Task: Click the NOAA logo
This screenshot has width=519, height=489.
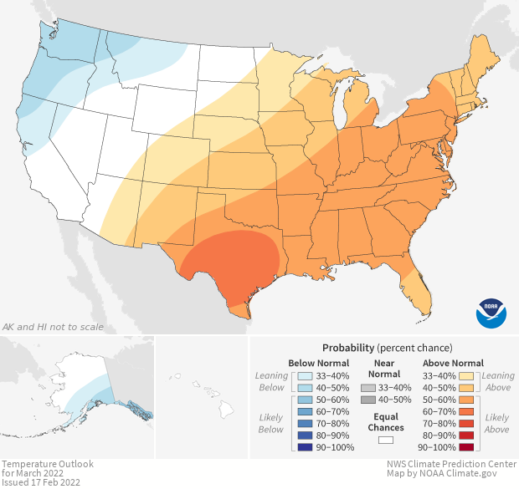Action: tap(491, 313)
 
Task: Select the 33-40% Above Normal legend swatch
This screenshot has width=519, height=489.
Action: tap(468, 375)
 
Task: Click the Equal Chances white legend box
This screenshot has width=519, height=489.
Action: tap(385, 439)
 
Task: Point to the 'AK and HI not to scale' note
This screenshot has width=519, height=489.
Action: tap(54, 327)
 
